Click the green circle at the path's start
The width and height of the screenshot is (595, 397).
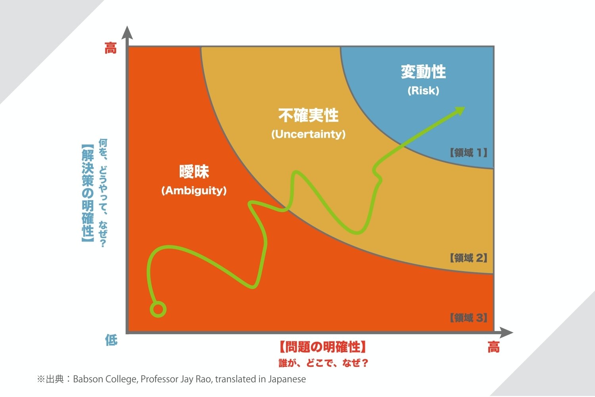click(x=158, y=309)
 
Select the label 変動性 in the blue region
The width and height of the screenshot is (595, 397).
click(x=423, y=72)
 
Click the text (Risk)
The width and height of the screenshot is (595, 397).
click(x=423, y=91)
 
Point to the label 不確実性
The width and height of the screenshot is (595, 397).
click(x=308, y=116)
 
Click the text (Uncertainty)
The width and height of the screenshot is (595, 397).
click(x=308, y=134)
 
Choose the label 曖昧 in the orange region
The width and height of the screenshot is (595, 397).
click(x=194, y=172)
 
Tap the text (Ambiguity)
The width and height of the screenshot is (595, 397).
click(x=194, y=191)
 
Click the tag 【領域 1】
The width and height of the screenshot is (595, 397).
click(x=468, y=153)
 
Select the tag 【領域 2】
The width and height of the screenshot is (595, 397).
click(x=468, y=258)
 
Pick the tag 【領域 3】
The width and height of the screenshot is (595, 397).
click(x=468, y=318)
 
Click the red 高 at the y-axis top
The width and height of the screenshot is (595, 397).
click(x=111, y=49)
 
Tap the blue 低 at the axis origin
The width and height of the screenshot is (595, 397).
click(x=111, y=340)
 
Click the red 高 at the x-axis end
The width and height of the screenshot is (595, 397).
click(x=493, y=347)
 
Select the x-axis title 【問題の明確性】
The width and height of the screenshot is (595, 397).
click(x=322, y=347)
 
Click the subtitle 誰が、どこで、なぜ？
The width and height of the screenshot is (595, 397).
click(x=323, y=363)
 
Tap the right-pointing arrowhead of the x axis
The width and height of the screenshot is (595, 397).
click(x=507, y=333)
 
